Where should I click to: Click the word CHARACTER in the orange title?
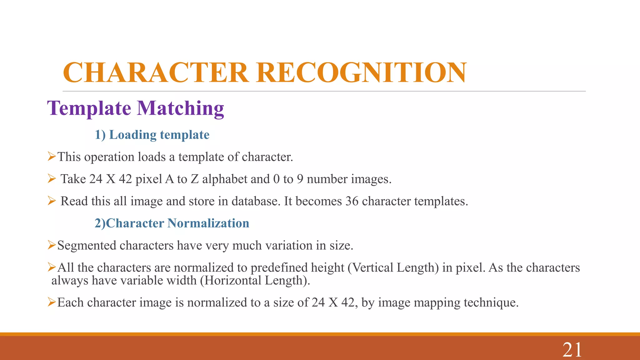pos(156,72)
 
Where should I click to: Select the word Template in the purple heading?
pos(89,108)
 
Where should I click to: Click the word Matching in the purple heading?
pos(181,108)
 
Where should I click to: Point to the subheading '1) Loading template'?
pos(152,135)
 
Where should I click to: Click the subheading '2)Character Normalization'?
pos(172,223)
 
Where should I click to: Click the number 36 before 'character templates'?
pos(352,201)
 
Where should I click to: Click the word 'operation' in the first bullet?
pos(109,157)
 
